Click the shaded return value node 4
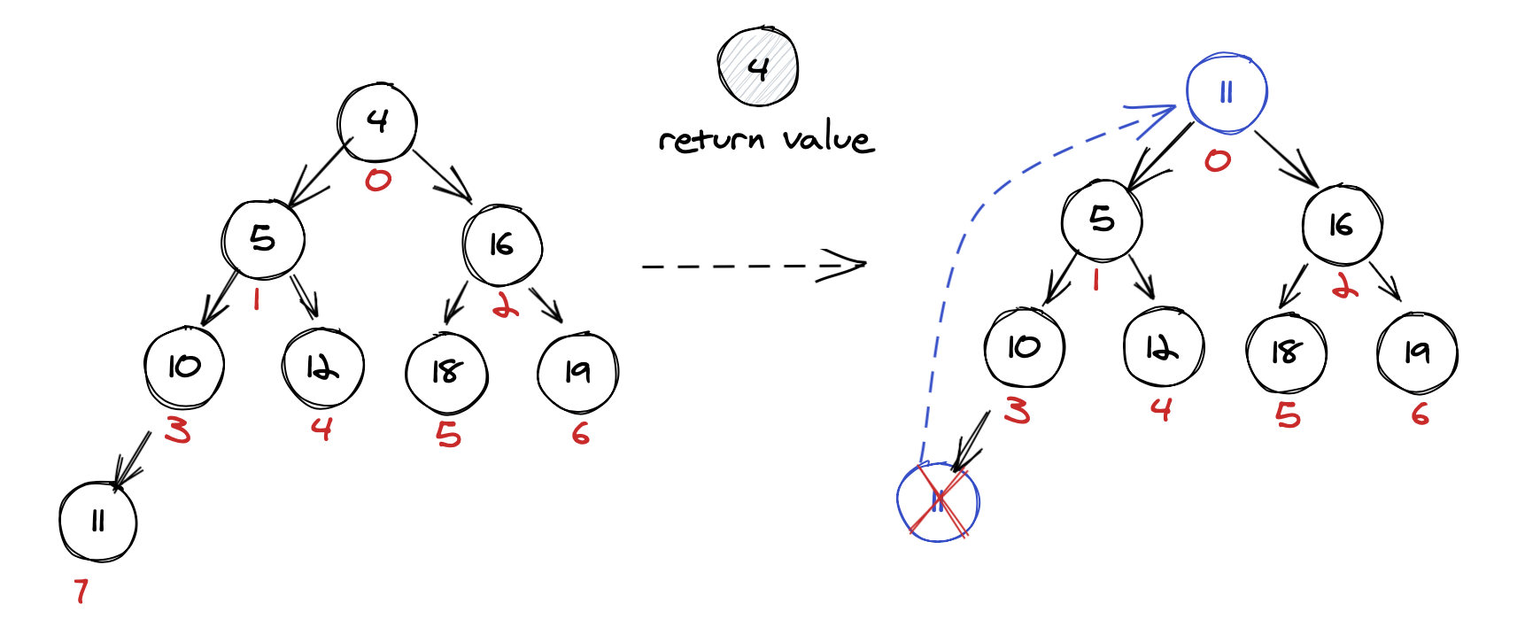click(x=758, y=67)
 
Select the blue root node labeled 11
click(x=1227, y=93)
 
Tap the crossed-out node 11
click(x=938, y=502)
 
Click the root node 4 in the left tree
click(x=377, y=121)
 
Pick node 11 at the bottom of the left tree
click(x=98, y=522)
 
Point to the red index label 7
click(x=81, y=590)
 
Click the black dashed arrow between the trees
click(x=753, y=265)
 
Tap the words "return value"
click(x=766, y=140)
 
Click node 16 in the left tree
click(x=502, y=244)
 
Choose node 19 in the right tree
click(x=1417, y=352)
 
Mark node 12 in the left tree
click(x=322, y=368)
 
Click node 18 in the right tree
click(x=1286, y=352)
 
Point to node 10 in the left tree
click(x=184, y=367)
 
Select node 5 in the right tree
click(x=1102, y=219)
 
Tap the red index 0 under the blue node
click(x=1218, y=160)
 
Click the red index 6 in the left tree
click(x=580, y=434)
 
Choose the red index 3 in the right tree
click(x=1017, y=411)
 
